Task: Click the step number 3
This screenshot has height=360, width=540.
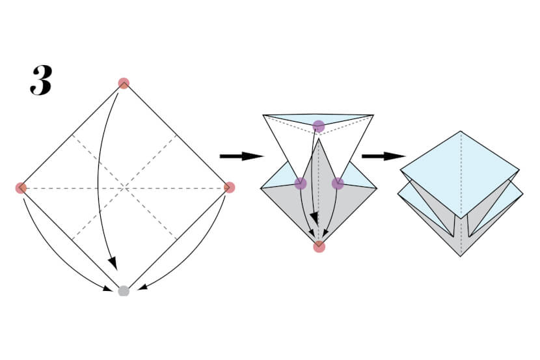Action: (x=40, y=81)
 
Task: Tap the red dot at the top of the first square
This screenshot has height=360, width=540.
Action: (x=124, y=83)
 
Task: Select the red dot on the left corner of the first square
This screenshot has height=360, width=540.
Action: (x=21, y=188)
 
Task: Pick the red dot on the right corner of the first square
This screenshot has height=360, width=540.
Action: (x=229, y=187)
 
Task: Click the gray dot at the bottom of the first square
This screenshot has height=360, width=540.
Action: (x=124, y=291)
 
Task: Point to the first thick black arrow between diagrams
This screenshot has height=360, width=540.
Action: (x=241, y=156)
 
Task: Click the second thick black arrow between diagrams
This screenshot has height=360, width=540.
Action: (x=383, y=156)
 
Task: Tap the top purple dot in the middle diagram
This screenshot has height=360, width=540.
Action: (x=318, y=126)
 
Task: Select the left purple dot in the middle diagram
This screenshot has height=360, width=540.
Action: (x=300, y=184)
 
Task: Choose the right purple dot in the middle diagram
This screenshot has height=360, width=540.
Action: (x=337, y=184)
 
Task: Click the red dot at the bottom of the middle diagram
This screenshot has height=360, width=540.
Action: (x=319, y=246)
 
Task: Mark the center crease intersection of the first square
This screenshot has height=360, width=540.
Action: (x=124, y=188)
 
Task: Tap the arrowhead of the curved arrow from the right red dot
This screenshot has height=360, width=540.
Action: (x=141, y=286)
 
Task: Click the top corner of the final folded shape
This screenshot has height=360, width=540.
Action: (x=461, y=132)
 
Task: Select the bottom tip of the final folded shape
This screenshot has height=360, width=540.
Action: (x=461, y=256)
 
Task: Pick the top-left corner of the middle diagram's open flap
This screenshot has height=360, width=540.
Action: (x=263, y=115)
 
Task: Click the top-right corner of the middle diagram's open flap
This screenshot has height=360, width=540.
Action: (x=374, y=115)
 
